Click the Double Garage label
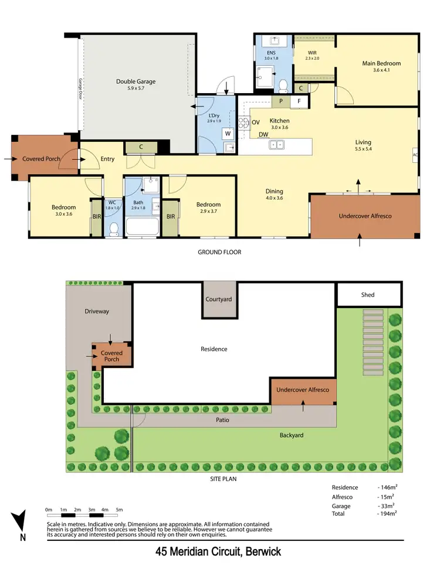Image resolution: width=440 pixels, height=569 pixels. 136,81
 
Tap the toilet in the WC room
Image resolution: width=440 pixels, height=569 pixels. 114,228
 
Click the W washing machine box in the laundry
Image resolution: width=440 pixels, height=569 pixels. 226,132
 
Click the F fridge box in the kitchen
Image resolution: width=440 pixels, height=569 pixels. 299,101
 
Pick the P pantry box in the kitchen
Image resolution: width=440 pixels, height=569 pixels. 281,101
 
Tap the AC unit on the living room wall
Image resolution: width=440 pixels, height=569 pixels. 415,155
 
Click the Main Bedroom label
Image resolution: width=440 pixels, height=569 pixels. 381,63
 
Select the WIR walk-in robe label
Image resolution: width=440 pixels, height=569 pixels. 312,52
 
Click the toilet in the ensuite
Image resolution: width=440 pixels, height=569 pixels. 283,86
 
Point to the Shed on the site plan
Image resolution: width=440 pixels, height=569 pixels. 368,295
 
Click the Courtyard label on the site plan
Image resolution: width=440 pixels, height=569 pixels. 219,299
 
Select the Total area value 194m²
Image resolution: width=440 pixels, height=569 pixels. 387,513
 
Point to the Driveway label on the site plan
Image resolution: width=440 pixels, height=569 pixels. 97,311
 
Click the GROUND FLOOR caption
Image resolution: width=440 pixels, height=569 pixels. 220,253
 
